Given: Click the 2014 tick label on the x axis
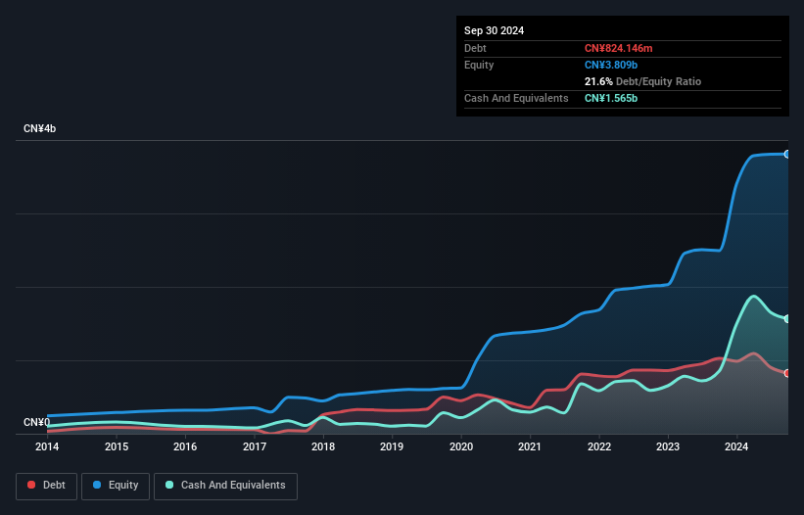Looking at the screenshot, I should coord(47,446).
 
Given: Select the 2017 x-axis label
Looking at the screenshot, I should coord(255,446).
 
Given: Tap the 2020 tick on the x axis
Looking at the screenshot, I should coord(461,446).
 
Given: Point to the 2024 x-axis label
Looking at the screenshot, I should coord(737,446).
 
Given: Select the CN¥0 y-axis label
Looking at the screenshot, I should coord(36,423).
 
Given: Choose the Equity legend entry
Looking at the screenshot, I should coord(116,486).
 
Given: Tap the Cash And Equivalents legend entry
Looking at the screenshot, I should coord(225,486).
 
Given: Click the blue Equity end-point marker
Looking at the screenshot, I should coord(786,154).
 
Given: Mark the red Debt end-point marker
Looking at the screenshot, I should coord(786,373).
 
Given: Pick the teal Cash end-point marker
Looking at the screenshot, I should coord(786,319).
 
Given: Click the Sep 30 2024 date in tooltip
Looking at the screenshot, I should coord(494,30).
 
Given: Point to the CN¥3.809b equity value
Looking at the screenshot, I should coord(612,65).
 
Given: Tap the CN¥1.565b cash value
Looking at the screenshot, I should coord(612,99).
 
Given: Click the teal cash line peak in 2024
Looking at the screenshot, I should coord(753,296).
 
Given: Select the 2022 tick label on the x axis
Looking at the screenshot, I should coord(599,446).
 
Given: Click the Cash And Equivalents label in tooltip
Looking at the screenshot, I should coord(516,99).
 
